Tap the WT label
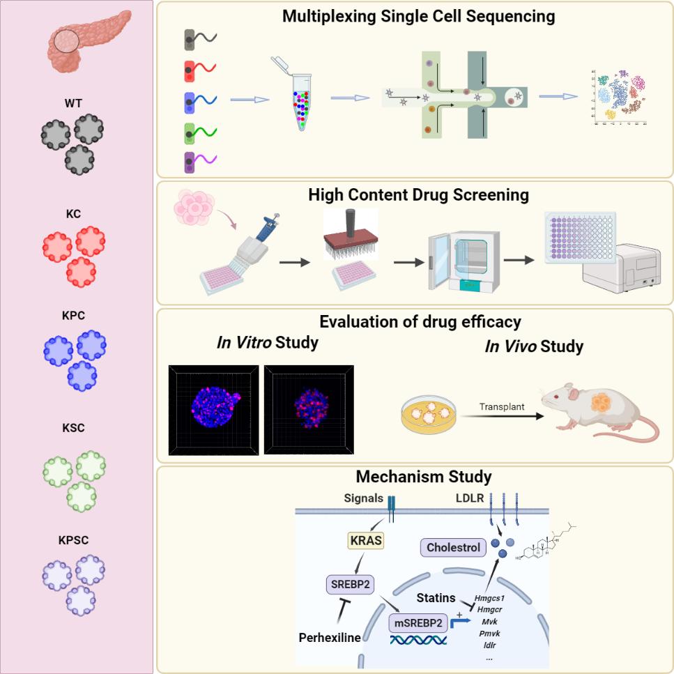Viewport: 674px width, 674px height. [x=74, y=104]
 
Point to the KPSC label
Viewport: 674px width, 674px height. [x=74, y=539]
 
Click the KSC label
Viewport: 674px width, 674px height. [x=74, y=428]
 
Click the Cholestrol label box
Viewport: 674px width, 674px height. [x=452, y=548]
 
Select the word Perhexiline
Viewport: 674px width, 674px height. [x=330, y=636]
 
